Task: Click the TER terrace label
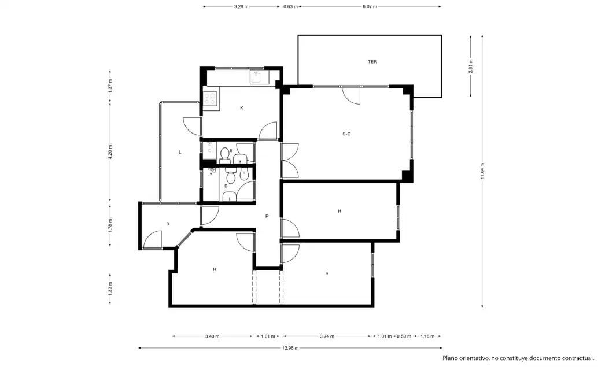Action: pos(372,62)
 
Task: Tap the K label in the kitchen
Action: pos(242,108)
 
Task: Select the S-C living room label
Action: pos(346,134)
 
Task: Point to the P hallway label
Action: pos(267,217)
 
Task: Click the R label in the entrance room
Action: pos(168,224)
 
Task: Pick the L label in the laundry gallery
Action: pos(180,152)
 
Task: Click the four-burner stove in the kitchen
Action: pos(210,98)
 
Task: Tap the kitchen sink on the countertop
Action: pos(257,77)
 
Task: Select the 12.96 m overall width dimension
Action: pos(290,348)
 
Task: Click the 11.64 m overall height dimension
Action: pos(482,170)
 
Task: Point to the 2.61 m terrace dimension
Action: pos(471,66)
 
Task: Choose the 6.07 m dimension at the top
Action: pos(370,6)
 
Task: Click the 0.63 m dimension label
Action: pos(290,6)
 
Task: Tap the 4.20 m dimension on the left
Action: pos(110,152)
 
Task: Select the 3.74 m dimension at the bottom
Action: pos(327,336)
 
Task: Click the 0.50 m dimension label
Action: pos(404,336)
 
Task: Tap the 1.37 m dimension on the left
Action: pos(110,86)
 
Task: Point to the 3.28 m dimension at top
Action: pos(241,6)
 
